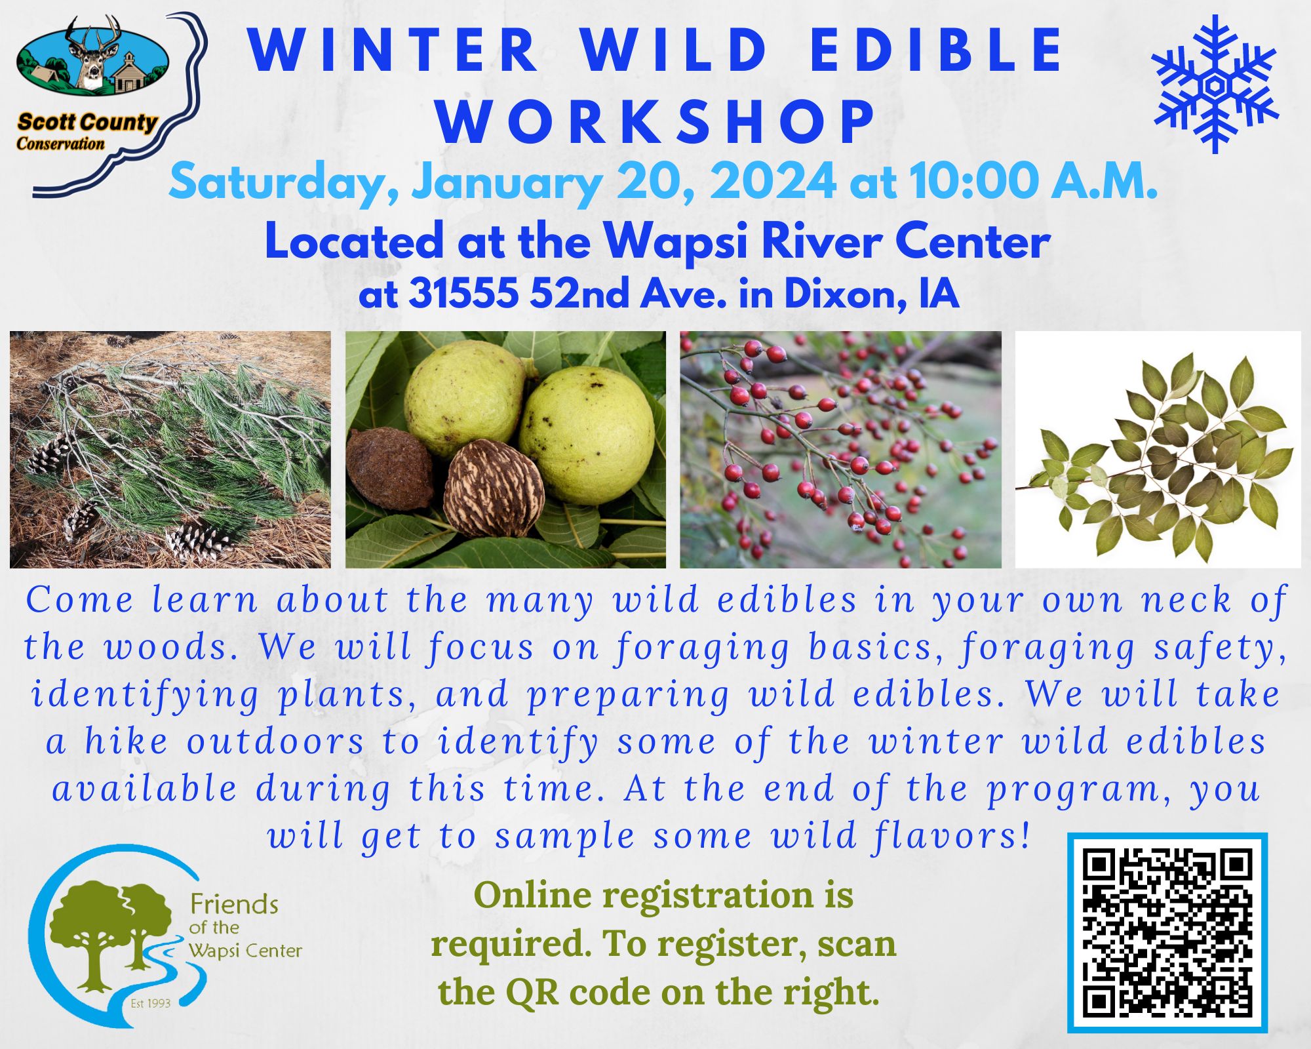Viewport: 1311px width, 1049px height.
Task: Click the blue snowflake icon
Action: (1216, 85)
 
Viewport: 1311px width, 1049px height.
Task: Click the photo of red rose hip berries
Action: (840, 449)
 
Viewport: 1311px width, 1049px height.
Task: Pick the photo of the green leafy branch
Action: (1158, 449)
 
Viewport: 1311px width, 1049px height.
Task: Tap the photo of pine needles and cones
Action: (170, 449)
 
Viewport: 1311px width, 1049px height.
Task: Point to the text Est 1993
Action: (150, 1003)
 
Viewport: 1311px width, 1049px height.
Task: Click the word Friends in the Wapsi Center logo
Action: (234, 905)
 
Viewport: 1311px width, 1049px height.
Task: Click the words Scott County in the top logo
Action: (87, 123)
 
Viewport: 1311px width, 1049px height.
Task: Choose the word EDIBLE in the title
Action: (937, 50)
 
